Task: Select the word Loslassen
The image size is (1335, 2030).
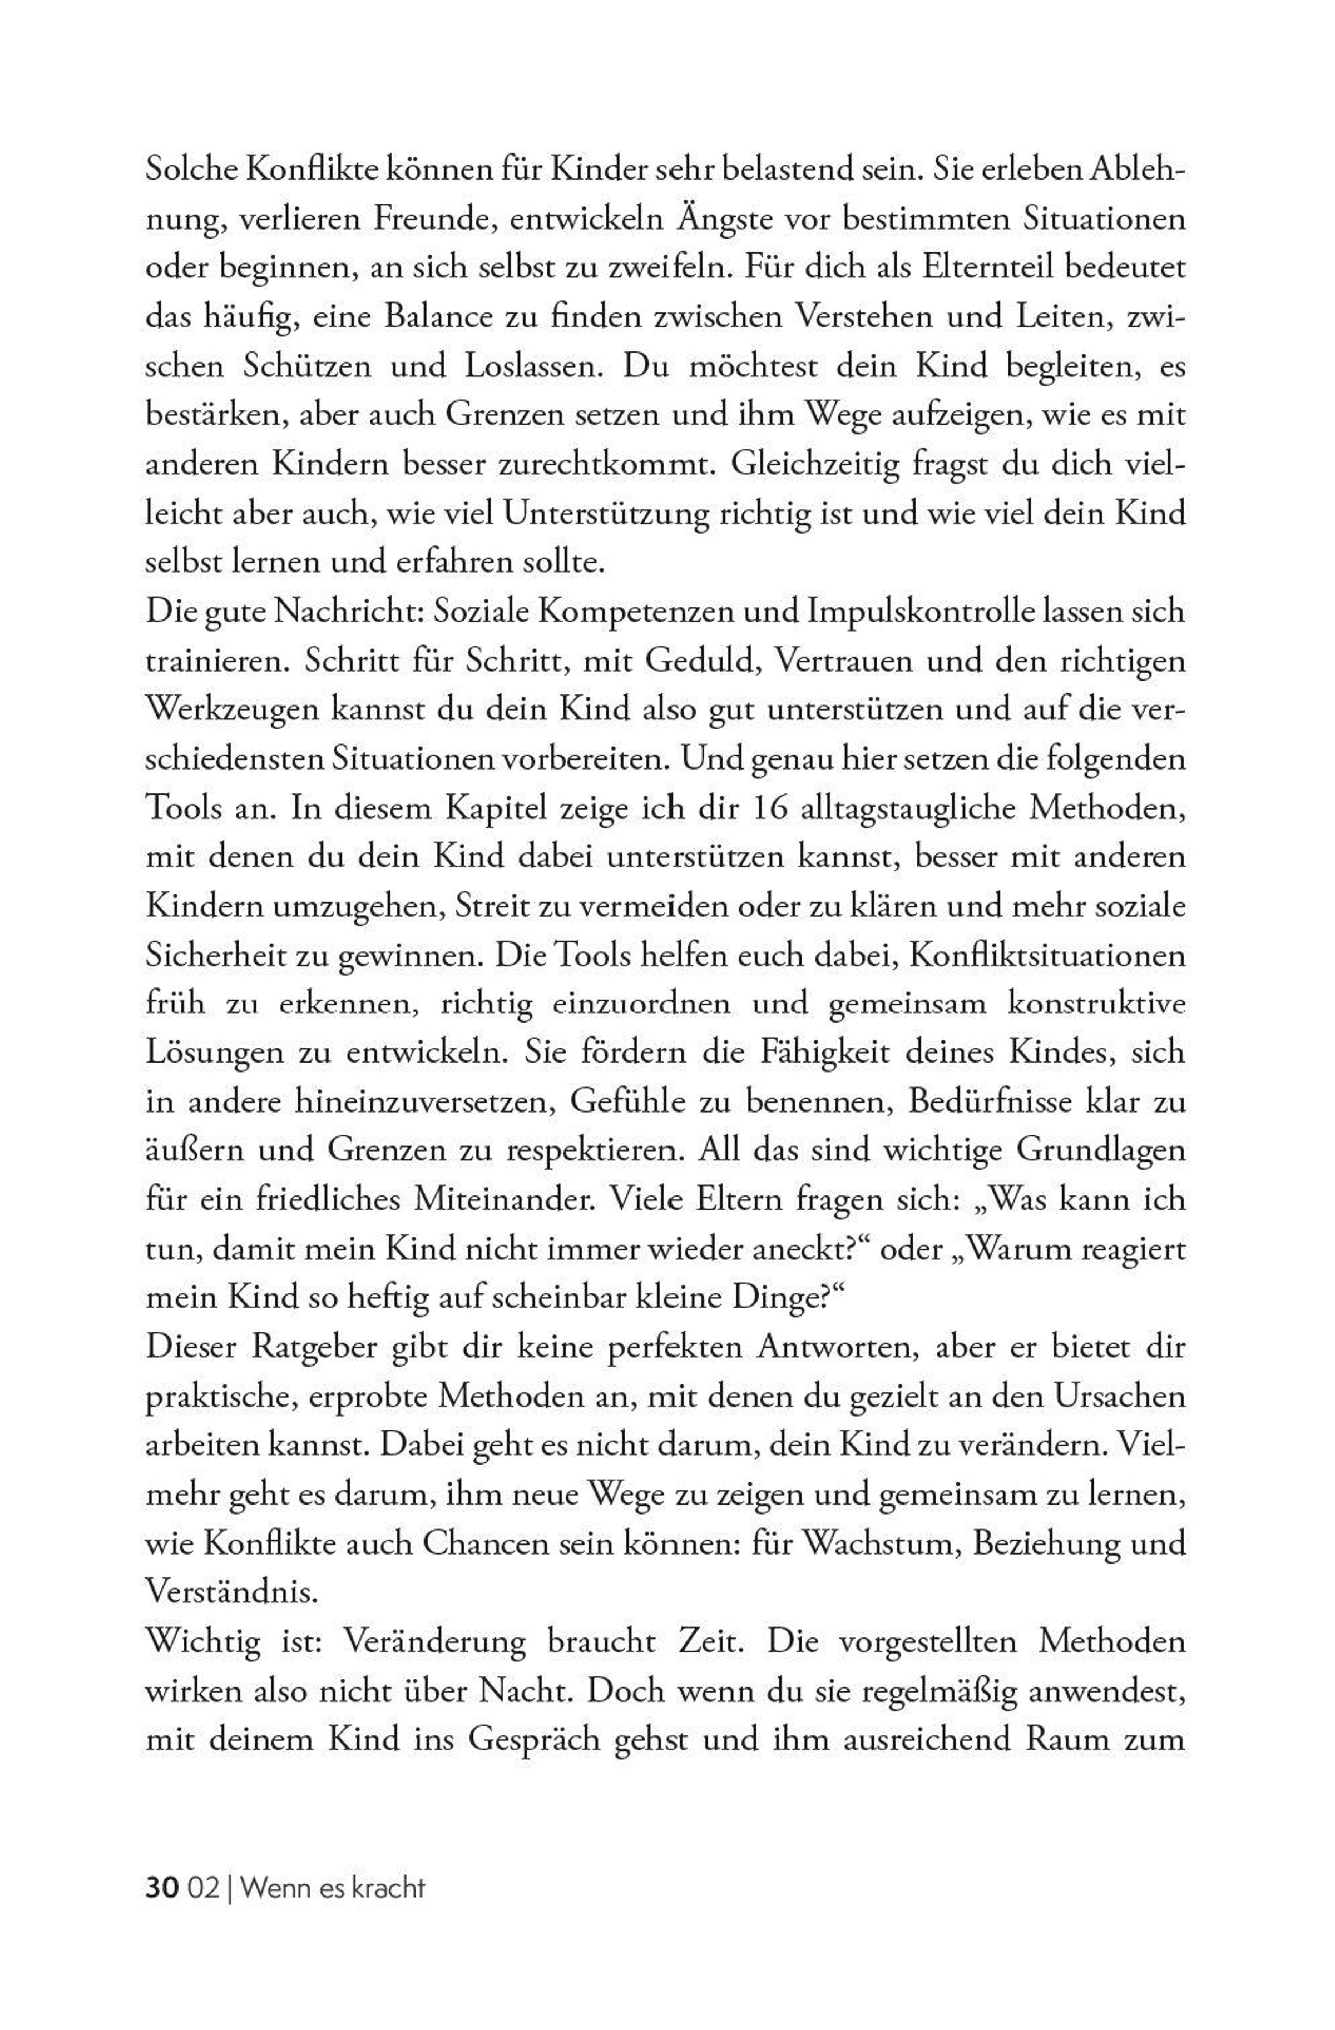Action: point(531,367)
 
